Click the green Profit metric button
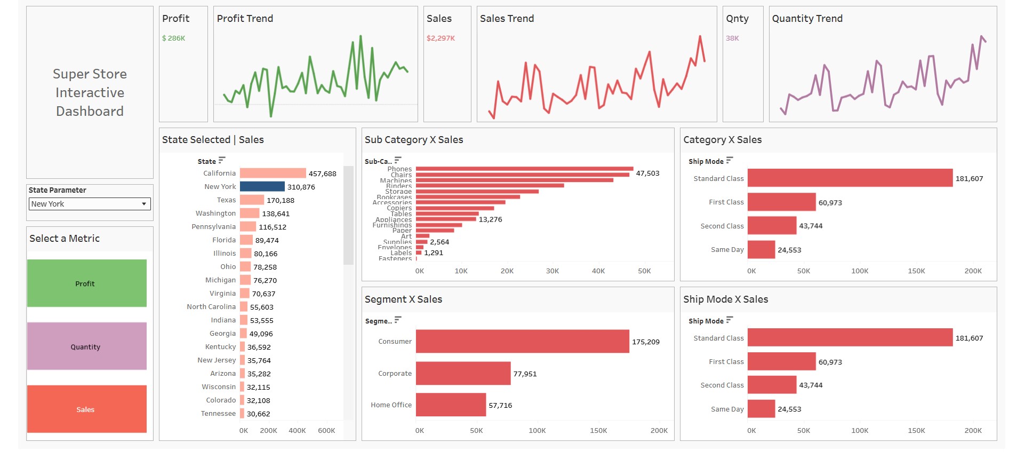coord(86,283)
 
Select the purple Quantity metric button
coord(86,346)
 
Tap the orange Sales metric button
coord(86,409)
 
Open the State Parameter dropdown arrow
coord(143,204)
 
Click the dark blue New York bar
coord(262,187)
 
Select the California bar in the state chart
coord(273,173)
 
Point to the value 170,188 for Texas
coord(281,201)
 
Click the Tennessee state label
coord(218,414)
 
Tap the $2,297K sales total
coord(441,38)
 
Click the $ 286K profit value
coord(173,38)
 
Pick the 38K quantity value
coord(732,38)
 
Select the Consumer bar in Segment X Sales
coord(522,342)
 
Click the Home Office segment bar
coord(451,405)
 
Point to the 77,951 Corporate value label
coord(525,374)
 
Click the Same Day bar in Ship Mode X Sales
coord(761,409)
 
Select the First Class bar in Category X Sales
coord(781,202)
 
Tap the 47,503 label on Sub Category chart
coord(647,173)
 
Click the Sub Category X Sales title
coord(414,140)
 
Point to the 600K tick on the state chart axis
coord(326,431)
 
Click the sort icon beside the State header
coord(222,161)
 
